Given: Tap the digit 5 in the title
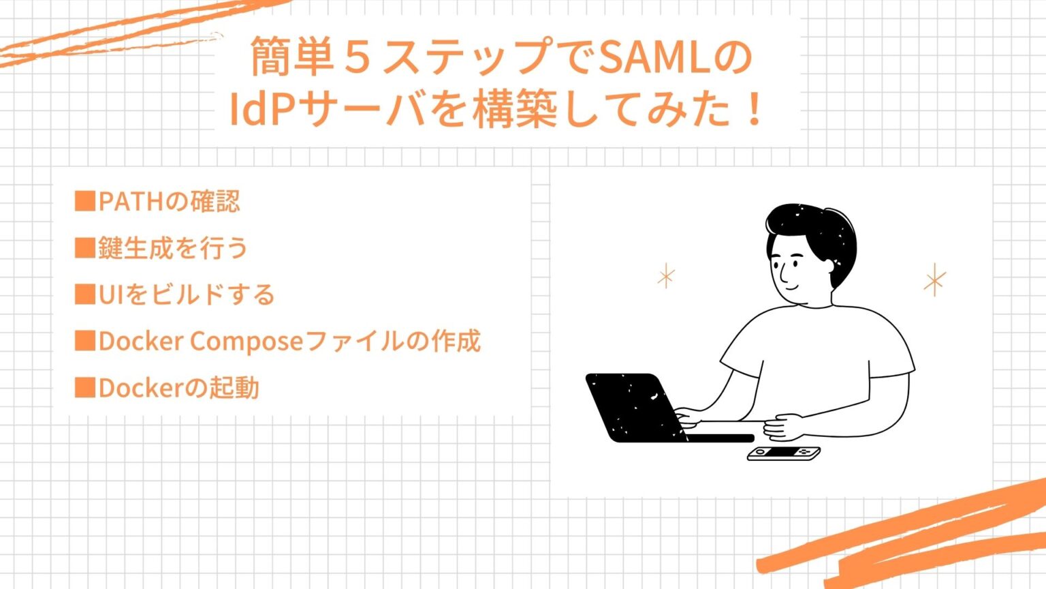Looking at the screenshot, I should pyautogui.click(x=357, y=57).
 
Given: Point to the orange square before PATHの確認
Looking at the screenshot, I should pyautogui.click(x=84, y=201).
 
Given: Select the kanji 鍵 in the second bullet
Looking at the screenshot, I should pyautogui.click(x=110, y=248).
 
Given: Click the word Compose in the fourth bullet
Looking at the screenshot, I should pyautogui.click(x=245, y=341).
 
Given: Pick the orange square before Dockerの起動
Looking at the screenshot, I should pyautogui.click(x=84, y=387).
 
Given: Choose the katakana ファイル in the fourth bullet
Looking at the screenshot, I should pyautogui.click(x=354, y=341).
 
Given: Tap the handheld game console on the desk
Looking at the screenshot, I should pyautogui.click(x=783, y=453).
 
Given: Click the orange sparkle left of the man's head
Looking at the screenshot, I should pyautogui.click(x=666, y=276).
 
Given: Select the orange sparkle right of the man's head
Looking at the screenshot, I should pyautogui.click(x=934, y=280).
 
